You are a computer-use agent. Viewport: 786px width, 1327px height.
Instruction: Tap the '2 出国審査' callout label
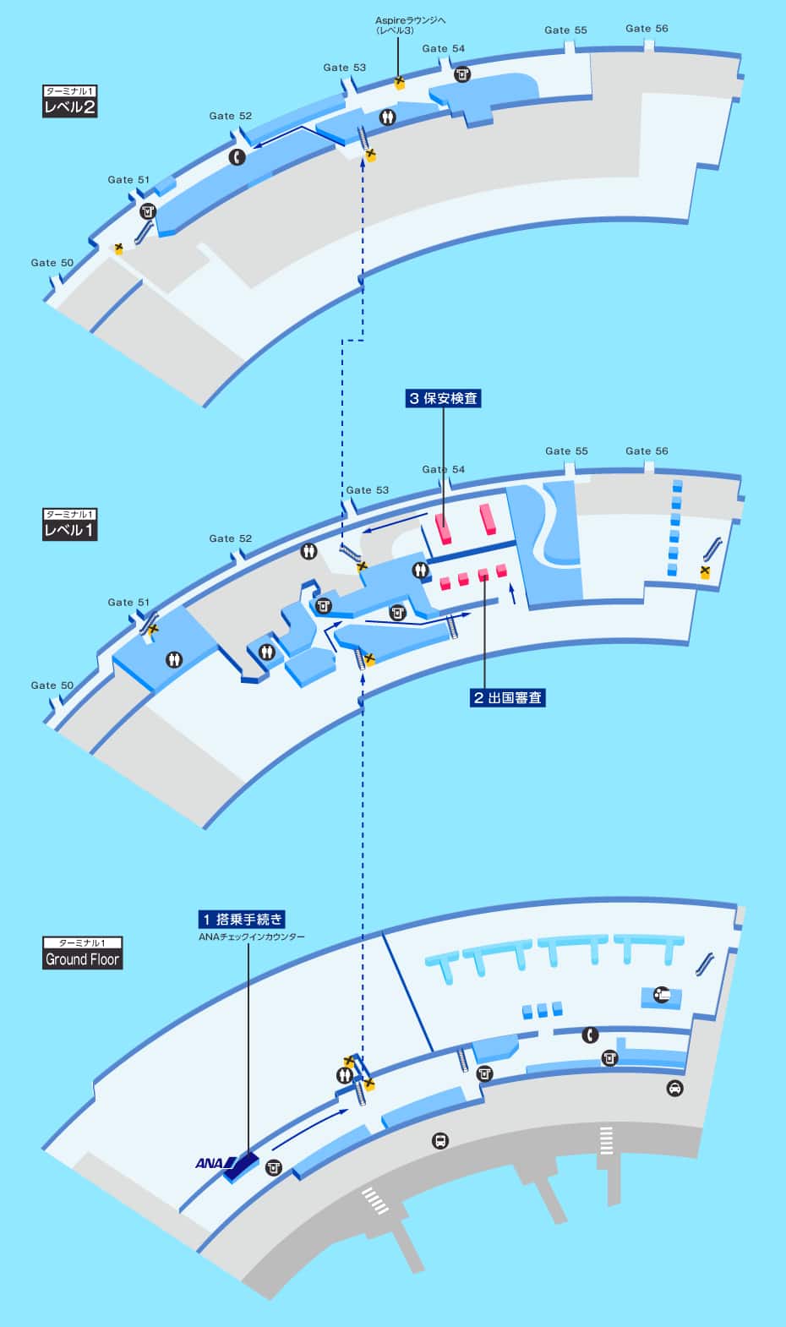[507, 697]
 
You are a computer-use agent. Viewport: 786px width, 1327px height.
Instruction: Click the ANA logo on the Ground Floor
[211, 1163]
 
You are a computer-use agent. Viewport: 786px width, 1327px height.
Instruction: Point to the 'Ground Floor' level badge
[83, 959]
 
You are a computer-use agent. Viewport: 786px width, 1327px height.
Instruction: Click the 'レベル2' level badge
[69, 107]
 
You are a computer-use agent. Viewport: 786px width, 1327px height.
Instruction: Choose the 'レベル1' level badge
[69, 530]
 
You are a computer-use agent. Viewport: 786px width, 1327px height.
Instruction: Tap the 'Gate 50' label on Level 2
[52, 263]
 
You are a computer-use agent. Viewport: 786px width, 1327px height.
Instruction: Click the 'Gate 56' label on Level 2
[647, 29]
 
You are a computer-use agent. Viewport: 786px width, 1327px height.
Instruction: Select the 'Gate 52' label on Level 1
[231, 538]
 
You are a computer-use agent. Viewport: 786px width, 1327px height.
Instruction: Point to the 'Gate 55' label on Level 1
[565, 451]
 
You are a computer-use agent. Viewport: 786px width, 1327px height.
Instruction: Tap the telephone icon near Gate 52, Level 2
[237, 156]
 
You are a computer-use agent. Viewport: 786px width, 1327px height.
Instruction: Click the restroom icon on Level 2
[388, 118]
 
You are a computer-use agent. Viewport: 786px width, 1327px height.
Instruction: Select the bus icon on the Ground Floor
[440, 1141]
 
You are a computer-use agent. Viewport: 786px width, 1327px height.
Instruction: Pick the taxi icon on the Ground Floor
[674, 1088]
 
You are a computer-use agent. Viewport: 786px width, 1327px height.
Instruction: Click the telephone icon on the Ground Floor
[590, 1035]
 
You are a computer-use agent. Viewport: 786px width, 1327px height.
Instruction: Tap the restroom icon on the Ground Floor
[344, 1075]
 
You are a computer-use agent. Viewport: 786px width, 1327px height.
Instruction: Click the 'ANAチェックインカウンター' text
[251, 937]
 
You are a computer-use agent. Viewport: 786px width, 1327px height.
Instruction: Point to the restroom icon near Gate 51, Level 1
[174, 659]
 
